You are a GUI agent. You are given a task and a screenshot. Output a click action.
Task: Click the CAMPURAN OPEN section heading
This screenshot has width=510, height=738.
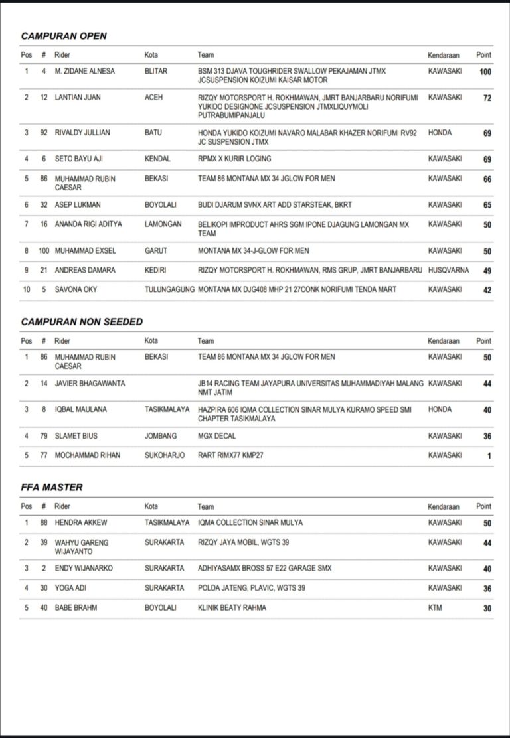64,36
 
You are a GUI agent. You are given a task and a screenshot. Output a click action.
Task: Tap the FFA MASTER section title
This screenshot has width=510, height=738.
52,487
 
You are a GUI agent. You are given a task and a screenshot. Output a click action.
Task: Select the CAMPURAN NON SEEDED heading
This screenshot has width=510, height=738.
82,321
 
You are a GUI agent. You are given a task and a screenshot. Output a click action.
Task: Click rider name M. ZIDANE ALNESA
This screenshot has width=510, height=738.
86,71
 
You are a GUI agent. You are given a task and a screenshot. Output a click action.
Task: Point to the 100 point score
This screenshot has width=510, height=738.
485,72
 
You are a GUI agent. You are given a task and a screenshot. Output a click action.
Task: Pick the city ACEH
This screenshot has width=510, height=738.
153,98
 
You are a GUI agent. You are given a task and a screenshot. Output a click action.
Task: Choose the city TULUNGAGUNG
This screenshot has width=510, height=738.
169,289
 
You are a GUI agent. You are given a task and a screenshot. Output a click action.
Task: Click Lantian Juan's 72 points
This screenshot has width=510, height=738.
487,98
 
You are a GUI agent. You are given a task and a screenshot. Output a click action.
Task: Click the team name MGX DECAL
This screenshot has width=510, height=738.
216,436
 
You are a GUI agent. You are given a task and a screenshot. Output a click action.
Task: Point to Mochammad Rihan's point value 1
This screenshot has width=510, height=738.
489,456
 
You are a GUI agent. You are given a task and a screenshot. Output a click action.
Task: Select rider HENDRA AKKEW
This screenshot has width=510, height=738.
79,522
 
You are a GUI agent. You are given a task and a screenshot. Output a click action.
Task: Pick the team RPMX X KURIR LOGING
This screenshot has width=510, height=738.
234,159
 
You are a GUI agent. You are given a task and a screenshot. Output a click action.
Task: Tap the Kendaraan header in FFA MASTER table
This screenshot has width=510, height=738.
444,506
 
